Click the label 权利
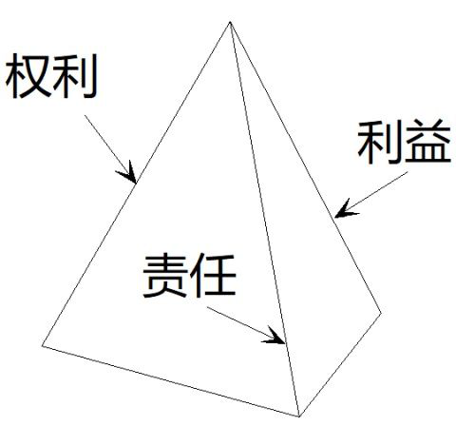(51, 76)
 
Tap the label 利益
(404, 143)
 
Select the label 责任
(190, 276)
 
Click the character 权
(28, 76)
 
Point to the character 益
(427, 143)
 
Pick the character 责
(165, 276)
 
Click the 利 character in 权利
(75, 76)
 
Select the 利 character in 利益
(380, 143)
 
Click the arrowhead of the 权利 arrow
(129, 174)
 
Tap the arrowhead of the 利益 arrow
(345, 210)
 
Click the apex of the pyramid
(230, 22)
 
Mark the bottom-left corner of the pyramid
(42, 346)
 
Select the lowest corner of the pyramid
(299, 416)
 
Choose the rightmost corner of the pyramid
(381, 313)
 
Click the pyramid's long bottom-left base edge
(170, 381)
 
